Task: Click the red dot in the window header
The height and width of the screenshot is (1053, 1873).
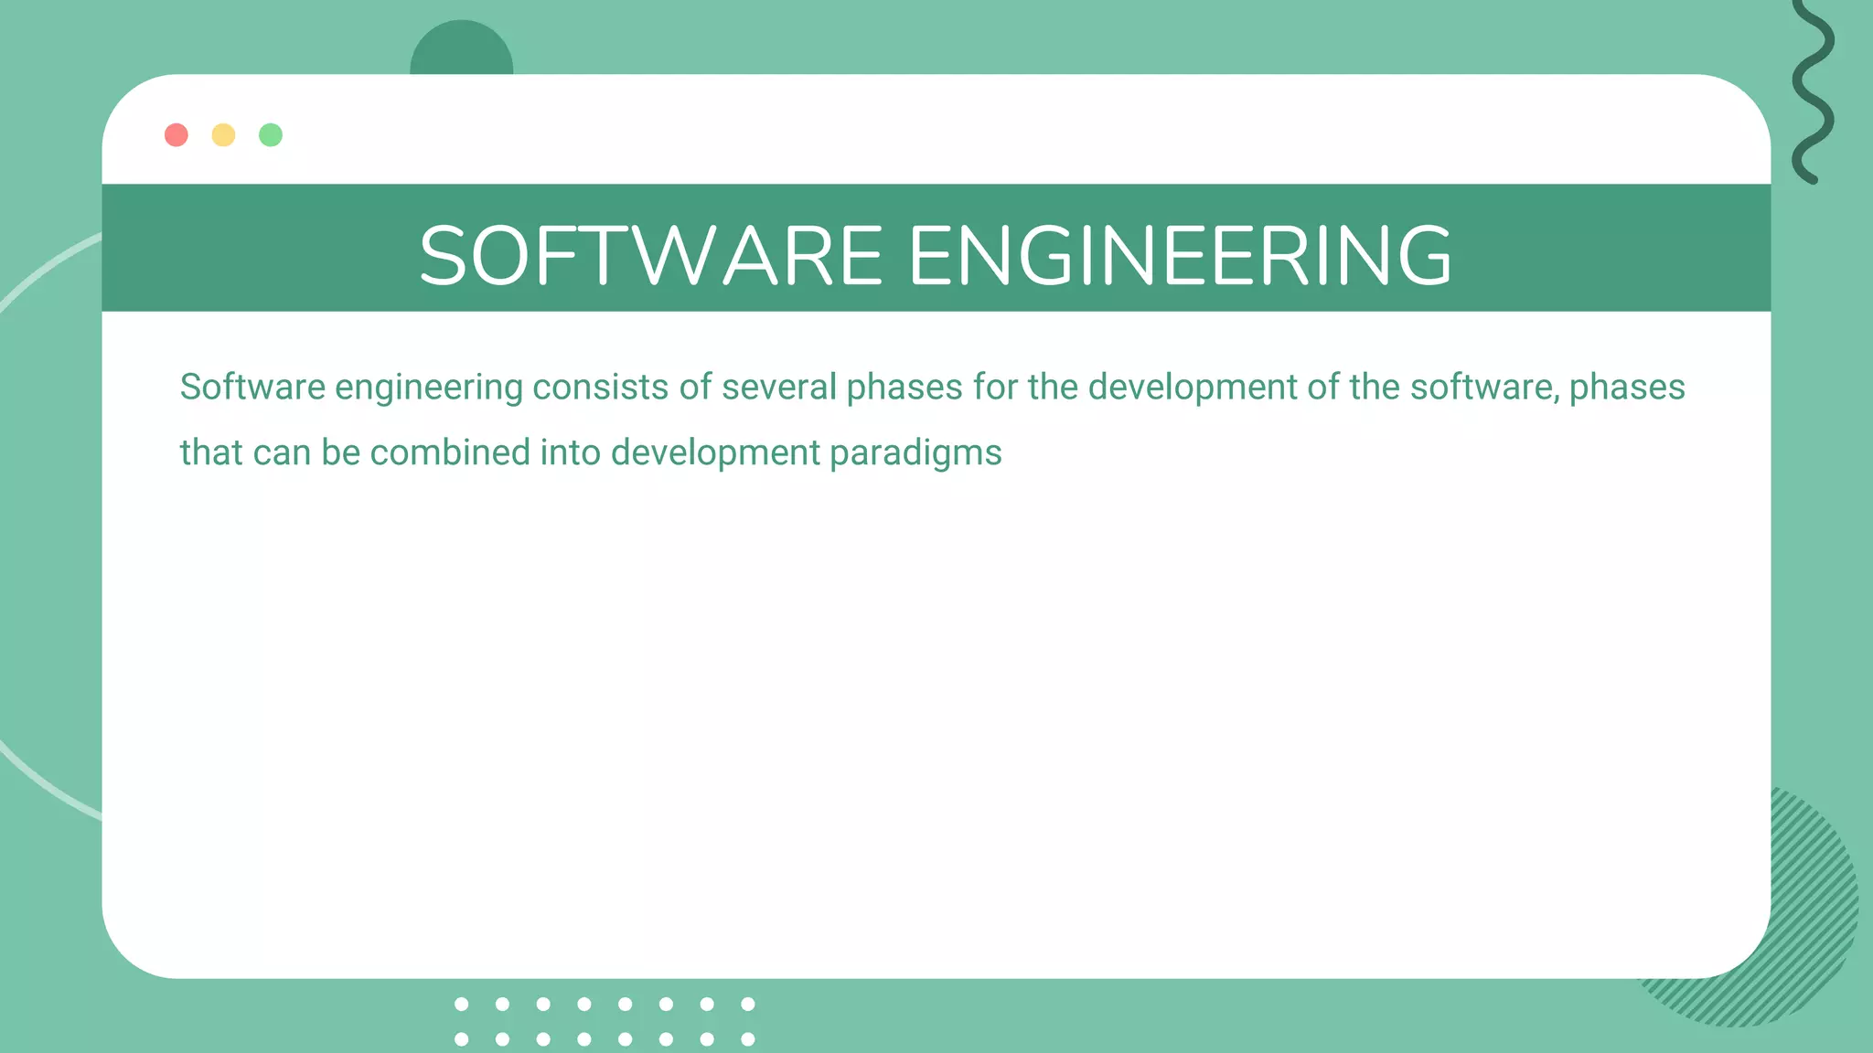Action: (x=177, y=135)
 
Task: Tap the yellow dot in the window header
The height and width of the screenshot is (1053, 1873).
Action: (x=223, y=135)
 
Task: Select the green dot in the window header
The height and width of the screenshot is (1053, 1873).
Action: (x=271, y=135)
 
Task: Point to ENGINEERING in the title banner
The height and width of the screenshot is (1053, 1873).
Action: (x=1180, y=256)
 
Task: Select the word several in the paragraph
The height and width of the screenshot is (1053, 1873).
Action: (x=778, y=388)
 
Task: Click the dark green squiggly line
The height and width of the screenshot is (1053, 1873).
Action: (x=1813, y=91)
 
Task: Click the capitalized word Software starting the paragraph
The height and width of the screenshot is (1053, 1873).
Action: (x=252, y=388)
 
